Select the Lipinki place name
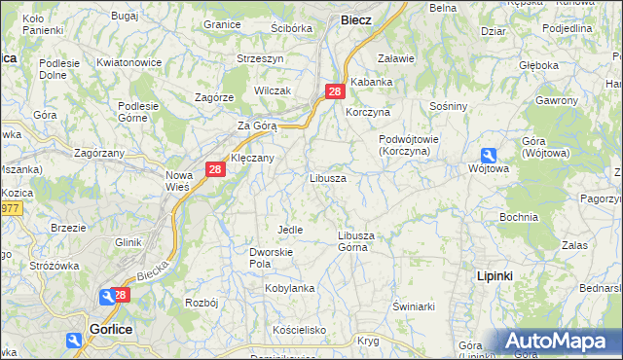coord(495,276)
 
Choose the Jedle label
coord(290,230)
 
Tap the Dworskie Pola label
coord(266,257)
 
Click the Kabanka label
coord(371,83)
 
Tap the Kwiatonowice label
coord(128,62)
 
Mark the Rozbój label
coord(201,303)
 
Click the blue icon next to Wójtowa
coord(488,155)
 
